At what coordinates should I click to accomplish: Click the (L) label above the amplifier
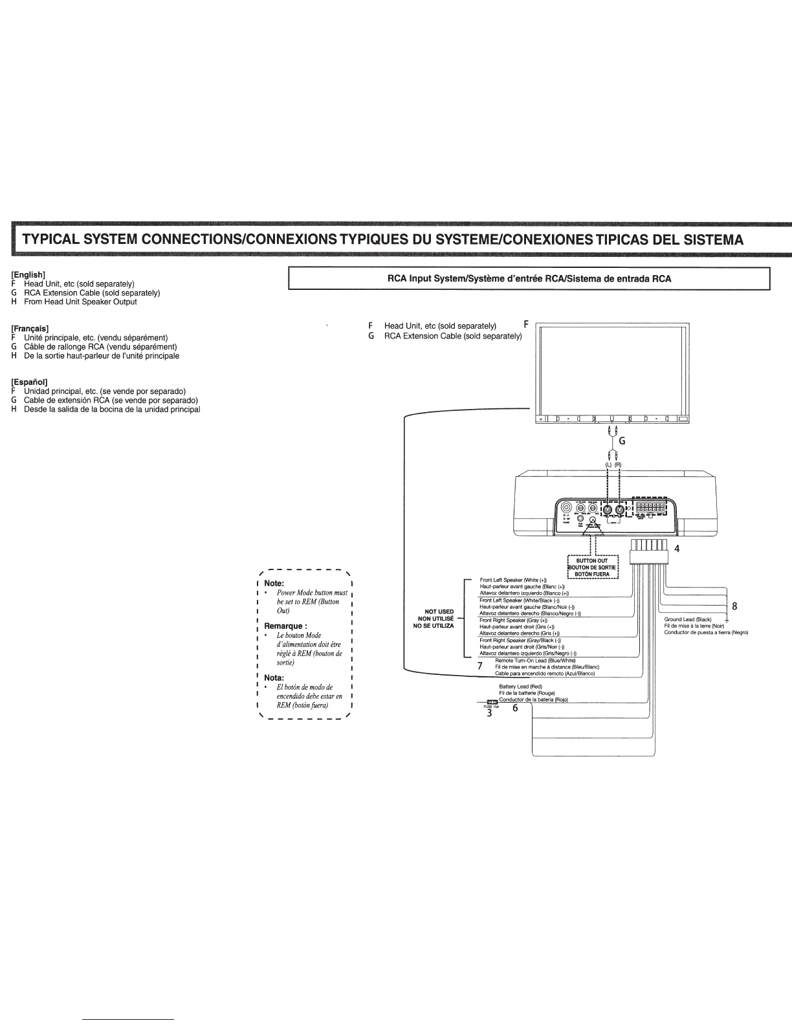608,465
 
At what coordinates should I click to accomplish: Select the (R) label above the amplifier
618,465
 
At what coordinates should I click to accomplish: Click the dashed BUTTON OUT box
593,568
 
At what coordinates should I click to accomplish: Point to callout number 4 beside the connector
677,549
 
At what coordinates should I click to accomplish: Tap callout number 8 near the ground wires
734,606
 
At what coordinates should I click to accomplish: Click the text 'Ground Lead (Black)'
687,620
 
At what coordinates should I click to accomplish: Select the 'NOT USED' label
439,612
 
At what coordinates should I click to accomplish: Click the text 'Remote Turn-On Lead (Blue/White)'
535,661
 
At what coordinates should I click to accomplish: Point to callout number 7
480,665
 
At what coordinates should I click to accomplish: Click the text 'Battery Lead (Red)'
520,686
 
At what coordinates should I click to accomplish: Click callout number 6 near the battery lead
515,708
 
